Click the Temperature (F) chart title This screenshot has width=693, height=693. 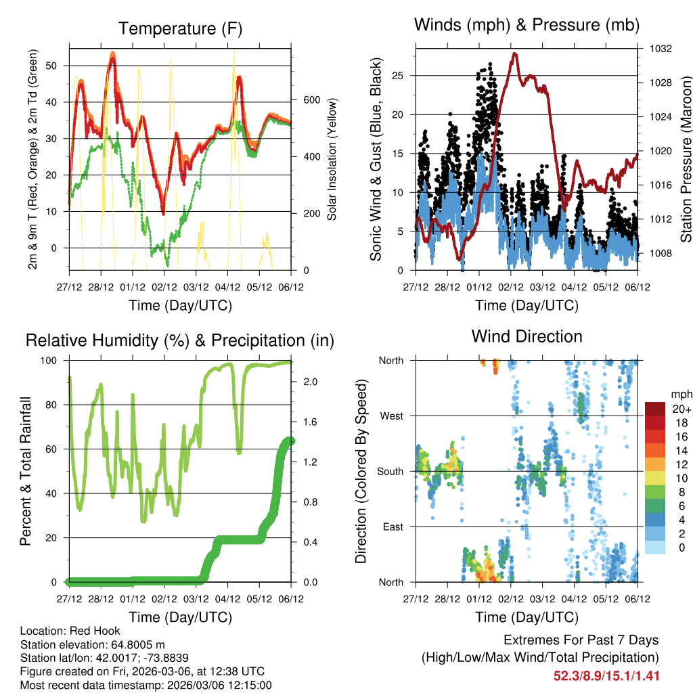click(x=180, y=28)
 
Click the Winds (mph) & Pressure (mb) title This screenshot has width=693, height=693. click(x=527, y=25)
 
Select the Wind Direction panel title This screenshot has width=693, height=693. click(x=527, y=336)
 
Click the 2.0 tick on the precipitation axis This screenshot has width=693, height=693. click(x=307, y=382)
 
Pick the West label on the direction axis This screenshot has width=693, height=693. click(x=391, y=416)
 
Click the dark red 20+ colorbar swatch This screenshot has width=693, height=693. click(x=656, y=409)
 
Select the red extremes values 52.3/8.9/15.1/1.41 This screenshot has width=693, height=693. click(x=606, y=675)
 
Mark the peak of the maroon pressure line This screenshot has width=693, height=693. click(x=516, y=53)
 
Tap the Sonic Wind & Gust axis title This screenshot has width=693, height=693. click(x=376, y=160)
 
